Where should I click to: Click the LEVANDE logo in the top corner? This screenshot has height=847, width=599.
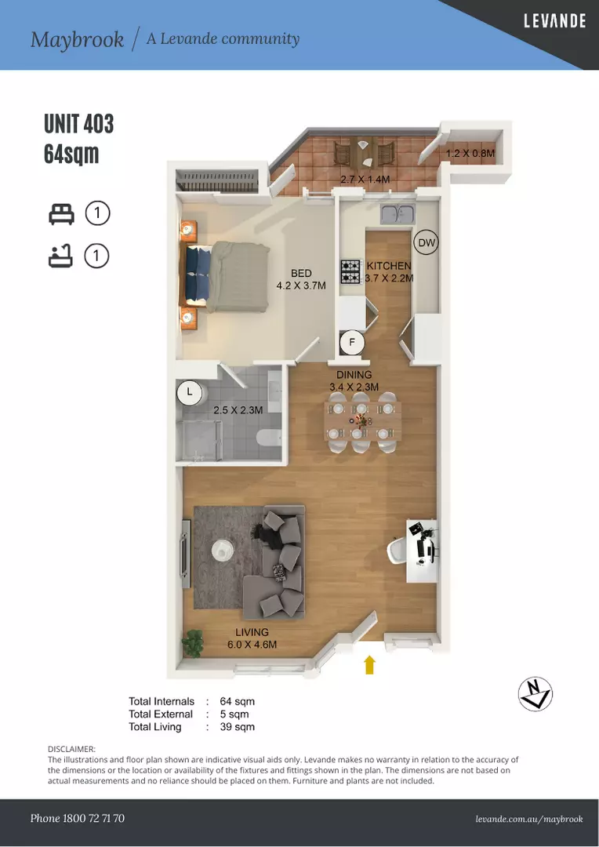tap(555, 21)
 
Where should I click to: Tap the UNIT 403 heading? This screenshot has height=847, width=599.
tap(79, 124)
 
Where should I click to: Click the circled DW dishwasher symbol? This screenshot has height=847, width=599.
tap(427, 242)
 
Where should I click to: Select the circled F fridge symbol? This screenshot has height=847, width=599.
tap(352, 343)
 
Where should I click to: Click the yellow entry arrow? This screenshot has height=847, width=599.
tap(369, 664)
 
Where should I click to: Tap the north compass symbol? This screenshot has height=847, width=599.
tap(535, 694)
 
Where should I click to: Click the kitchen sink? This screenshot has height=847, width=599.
tap(398, 214)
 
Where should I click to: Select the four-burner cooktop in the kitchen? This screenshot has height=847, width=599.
tap(350, 271)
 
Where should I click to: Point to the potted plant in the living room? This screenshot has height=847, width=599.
tap(192, 643)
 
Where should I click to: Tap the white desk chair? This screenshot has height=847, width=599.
tap(398, 551)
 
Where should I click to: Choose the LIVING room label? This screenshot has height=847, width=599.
tap(252, 632)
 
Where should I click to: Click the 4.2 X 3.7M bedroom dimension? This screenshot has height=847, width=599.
tap(301, 285)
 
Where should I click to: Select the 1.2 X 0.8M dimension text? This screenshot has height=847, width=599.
tap(470, 154)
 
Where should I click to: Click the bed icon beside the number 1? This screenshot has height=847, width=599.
tap(61, 214)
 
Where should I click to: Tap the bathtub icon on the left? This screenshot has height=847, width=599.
tap(60, 256)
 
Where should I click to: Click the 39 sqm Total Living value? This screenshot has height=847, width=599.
tap(237, 727)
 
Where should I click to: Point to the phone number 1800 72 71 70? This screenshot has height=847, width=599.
tap(93, 818)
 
